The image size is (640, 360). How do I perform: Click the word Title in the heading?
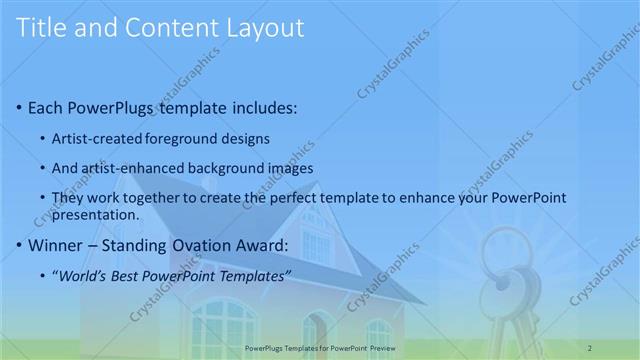coord(41,28)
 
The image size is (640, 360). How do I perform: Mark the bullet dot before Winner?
coord(22,245)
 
